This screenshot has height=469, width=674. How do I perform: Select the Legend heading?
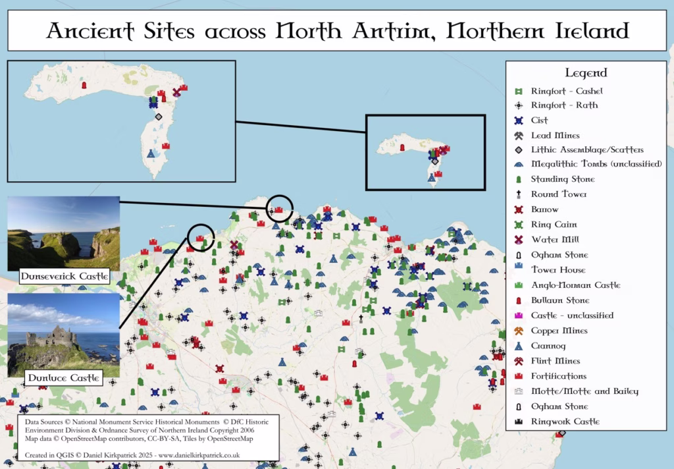585,72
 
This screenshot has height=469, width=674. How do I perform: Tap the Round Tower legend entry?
559,194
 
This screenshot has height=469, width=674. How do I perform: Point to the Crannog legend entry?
548,346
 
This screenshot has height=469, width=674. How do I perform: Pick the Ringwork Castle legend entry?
565,422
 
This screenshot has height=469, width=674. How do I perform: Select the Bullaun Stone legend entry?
560,300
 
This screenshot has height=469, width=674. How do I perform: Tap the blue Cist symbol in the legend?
519,121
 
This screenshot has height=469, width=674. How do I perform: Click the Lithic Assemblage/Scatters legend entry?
587,150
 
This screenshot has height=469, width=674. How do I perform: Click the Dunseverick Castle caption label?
64,277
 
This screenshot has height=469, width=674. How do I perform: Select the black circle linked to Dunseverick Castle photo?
280,207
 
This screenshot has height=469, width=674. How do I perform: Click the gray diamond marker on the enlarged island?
158,117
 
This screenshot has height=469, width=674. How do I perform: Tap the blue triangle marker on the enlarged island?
151,154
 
